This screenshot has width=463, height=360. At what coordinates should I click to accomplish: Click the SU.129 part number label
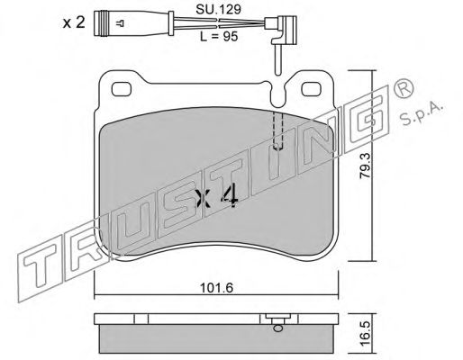click(x=218, y=10)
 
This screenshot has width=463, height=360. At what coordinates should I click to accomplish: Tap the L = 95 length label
click(x=219, y=37)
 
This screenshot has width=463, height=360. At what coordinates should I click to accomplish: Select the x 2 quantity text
click(x=74, y=23)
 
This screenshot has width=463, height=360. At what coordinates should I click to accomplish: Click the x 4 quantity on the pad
click(x=217, y=198)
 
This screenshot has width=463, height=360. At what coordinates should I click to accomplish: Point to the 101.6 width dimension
click(x=216, y=288)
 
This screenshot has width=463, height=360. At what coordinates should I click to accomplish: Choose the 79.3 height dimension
click(x=366, y=166)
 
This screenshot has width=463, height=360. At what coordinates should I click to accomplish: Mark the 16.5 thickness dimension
click(x=366, y=334)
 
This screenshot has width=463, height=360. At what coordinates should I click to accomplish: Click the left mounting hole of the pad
click(x=122, y=89)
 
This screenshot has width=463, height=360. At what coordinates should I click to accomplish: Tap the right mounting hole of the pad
click(x=312, y=89)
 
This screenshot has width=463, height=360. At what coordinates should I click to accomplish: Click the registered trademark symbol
click(x=404, y=89)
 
